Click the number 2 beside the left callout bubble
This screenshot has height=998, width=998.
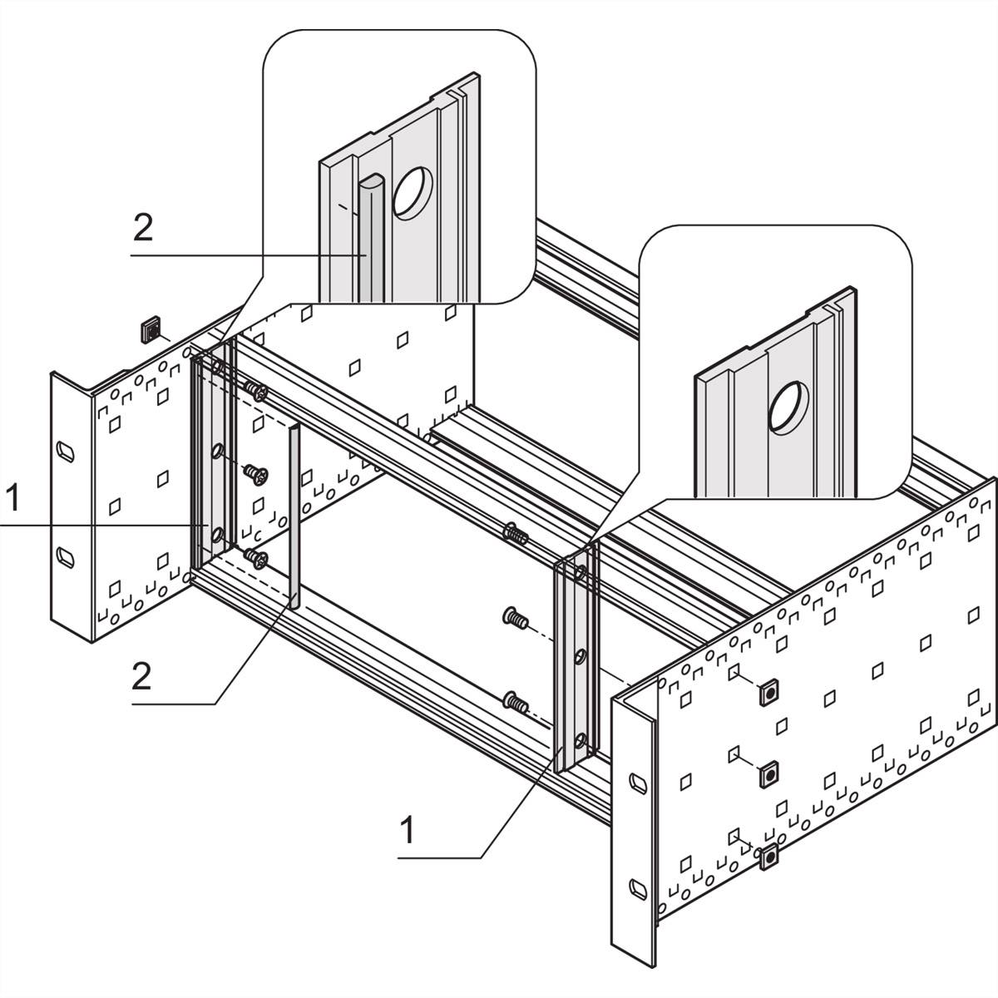click(143, 228)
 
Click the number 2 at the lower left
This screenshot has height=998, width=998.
click(141, 677)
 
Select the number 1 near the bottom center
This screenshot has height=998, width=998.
click(407, 829)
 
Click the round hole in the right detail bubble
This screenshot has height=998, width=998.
click(788, 408)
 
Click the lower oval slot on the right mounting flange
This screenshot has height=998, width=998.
click(636, 887)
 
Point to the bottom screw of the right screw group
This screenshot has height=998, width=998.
click(516, 704)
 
